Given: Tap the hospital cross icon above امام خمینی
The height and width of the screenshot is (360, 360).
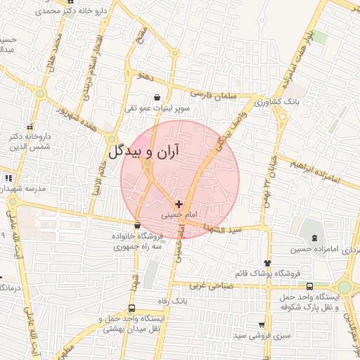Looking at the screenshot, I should pos(179,203).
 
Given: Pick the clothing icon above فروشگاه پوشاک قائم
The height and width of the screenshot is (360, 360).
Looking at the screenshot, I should pos(266,262).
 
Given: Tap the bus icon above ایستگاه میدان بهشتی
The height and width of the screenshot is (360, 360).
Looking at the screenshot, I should pos(132,309).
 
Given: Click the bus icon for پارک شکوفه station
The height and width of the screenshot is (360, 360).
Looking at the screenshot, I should pos(310,286).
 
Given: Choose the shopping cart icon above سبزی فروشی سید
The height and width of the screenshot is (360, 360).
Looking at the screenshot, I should pos(262,326).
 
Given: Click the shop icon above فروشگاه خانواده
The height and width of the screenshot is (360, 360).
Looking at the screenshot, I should pos(136,226).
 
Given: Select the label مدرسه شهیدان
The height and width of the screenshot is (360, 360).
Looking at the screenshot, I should pos(26,190).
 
